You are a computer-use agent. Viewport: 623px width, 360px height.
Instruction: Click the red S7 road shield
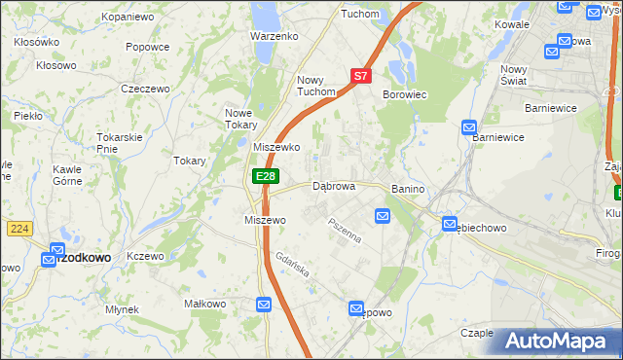point(360,75)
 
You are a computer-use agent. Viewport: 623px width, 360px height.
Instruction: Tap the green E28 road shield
point(266,176)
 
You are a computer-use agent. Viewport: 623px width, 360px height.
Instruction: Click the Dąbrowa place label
point(334,185)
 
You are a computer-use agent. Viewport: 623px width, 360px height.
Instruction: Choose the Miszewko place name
point(275,147)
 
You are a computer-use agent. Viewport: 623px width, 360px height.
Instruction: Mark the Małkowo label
point(205,304)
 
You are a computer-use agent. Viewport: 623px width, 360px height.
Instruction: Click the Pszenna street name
point(345,234)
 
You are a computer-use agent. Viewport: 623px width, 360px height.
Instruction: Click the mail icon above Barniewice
point(468,126)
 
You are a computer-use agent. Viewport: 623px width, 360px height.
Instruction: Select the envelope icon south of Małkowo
point(264,305)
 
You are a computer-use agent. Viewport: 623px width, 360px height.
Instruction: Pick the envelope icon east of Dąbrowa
point(383,216)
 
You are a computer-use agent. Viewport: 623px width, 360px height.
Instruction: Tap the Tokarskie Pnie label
point(121,142)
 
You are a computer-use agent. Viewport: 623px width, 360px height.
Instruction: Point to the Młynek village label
point(122,309)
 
